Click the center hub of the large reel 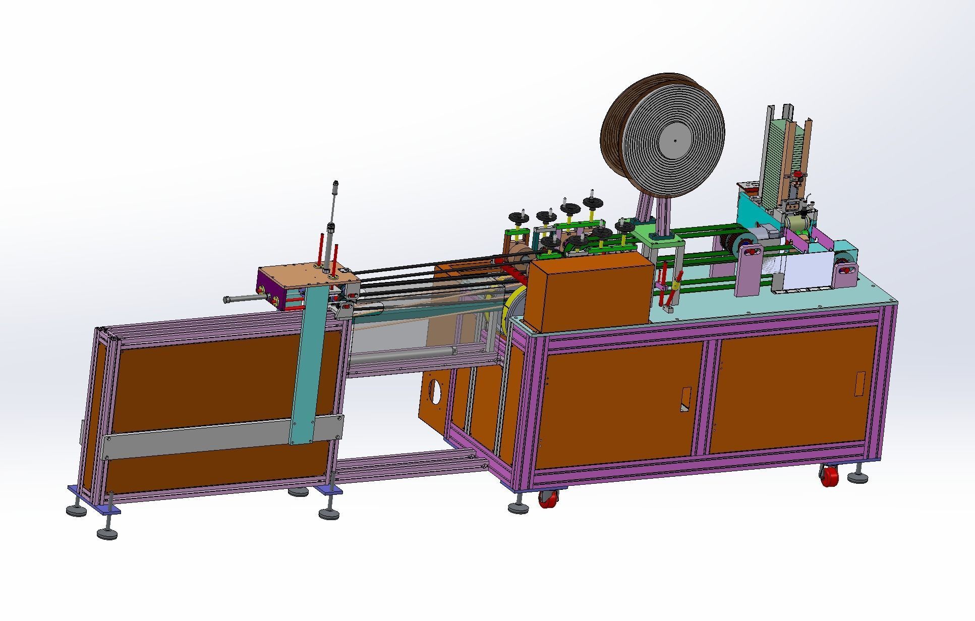pos(675,140)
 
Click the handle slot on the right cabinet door pos(860,384)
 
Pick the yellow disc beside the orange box pos(516,306)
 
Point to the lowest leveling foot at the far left pos(106,533)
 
